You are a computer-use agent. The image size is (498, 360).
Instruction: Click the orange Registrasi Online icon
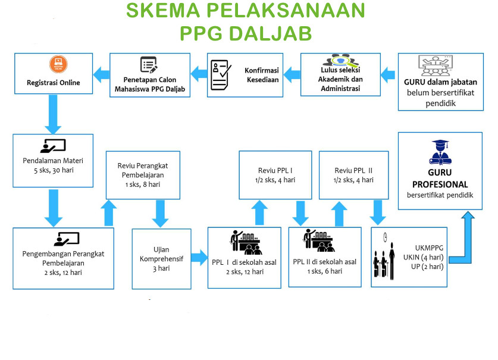click(x=58, y=64)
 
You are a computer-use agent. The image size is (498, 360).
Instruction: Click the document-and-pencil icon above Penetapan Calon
click(x=148, y=65)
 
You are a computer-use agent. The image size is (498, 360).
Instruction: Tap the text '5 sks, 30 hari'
click(x=53, y=170)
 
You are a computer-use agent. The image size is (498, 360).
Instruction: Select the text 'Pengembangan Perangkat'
click(x=63, y=253)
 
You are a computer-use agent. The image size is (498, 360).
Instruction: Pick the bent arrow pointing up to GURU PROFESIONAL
click(x=463, y=238)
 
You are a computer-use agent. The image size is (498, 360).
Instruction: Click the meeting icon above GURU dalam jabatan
click(x=440, y=65)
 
